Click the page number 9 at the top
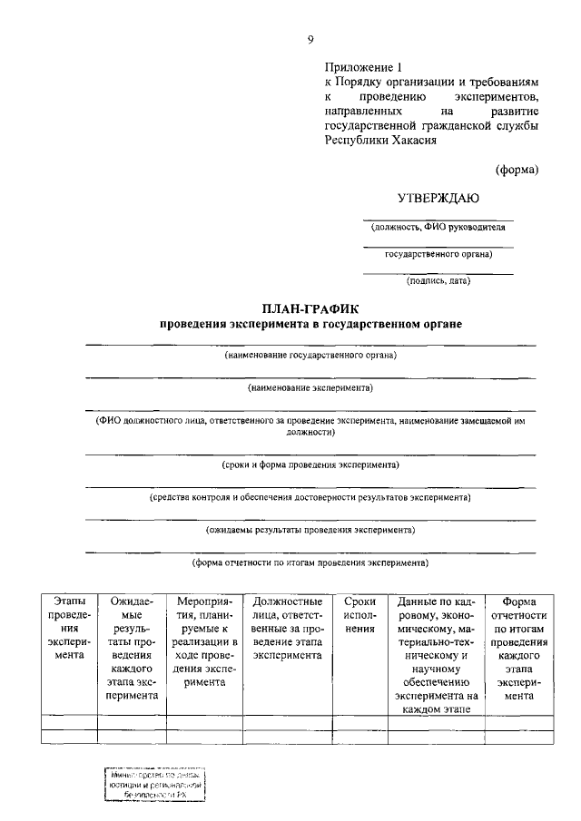[310, 39]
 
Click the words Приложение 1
[362, 66]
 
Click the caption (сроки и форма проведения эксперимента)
[310, 464]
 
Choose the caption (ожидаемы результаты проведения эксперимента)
[310, 529]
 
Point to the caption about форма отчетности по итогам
[310, 562]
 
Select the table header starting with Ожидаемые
[132, 648]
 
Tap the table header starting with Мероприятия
[204, 640]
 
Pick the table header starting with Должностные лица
[287, 627]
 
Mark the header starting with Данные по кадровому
[431, 654]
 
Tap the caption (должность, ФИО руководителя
[438, 228]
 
